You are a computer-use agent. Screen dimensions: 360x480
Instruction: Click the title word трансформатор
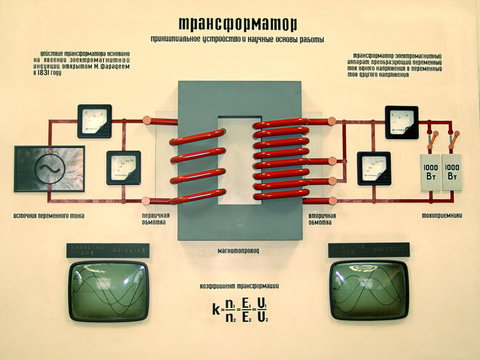240,22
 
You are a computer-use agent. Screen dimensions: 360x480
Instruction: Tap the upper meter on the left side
95,123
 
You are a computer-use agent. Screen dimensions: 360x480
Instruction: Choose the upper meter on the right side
401,123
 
